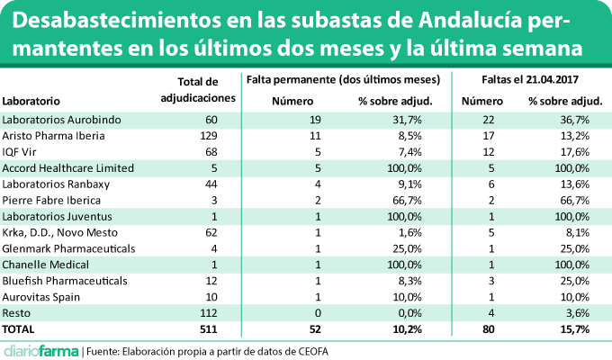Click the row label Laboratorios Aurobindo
55,119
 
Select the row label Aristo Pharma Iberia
54,135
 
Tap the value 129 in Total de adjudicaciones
211,135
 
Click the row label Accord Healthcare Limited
68,167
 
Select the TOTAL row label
22,329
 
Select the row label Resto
19,313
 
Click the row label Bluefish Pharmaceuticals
61,281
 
